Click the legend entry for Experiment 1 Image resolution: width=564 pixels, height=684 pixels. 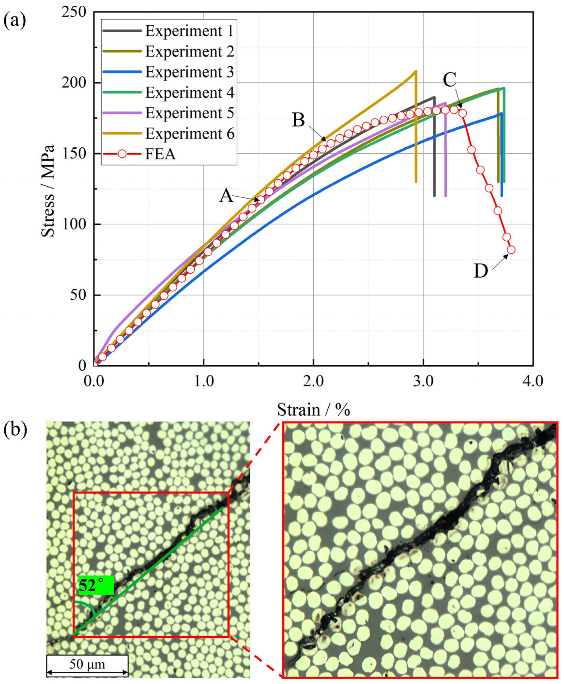(189, 31)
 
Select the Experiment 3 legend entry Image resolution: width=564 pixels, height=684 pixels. (189, 72)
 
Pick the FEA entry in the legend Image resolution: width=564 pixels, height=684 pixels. (160, 154)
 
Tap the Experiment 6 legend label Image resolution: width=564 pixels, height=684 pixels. (189, 134)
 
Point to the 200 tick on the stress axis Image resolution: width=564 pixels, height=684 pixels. (74, 83)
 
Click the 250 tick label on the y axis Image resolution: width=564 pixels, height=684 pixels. (74, 12)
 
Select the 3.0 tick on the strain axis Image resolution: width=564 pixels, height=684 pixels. (423, 381)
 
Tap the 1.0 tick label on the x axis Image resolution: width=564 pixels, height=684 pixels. (204, 381)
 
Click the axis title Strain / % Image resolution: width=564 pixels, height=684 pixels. (313, 410)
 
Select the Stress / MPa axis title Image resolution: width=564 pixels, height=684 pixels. (48, 190)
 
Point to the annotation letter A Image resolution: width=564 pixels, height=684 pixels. (226, 196)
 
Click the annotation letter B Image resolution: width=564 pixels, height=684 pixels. (298, 120)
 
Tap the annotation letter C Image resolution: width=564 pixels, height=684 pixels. (449, 80)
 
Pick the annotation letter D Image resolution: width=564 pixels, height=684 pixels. (480, 271)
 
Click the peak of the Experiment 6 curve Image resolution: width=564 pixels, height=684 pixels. (415, 71)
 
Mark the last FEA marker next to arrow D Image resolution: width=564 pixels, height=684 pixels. (511, 250)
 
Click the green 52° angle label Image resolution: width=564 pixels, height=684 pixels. (95, 585)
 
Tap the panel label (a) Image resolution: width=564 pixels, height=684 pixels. (14, 20)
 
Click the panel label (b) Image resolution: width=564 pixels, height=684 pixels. (15, 429)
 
